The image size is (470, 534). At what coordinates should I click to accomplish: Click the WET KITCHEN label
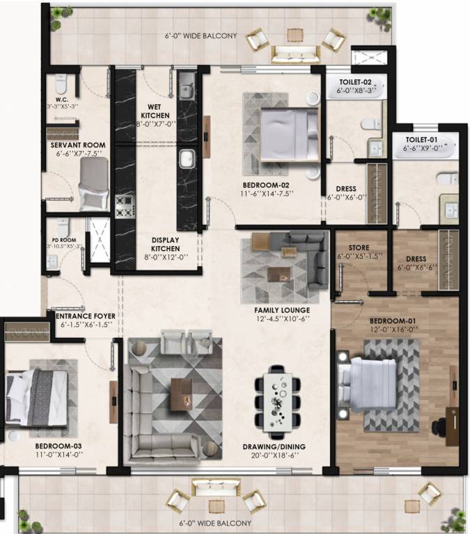coord(155,111)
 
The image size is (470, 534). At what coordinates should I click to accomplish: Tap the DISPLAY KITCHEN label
coord(166,244)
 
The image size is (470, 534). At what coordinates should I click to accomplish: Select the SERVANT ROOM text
coord(77,145)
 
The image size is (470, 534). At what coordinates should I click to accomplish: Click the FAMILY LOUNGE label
coord(282,309)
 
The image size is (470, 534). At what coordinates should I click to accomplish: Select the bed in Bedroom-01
coord(373,383)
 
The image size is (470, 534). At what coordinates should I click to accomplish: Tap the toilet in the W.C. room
coord(60,86)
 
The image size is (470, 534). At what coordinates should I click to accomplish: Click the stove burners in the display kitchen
coord(125,205)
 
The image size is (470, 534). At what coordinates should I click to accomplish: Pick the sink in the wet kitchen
coord(186,90)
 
